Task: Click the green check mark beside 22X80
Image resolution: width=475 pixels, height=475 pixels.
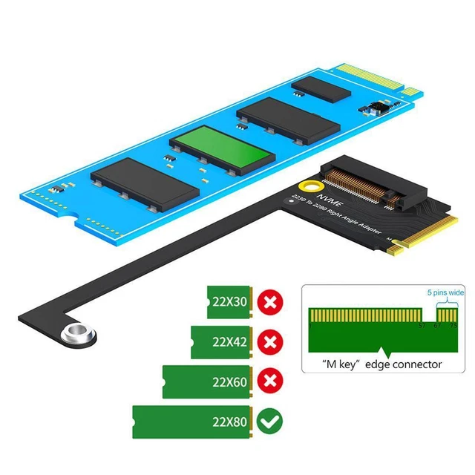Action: point(269,422)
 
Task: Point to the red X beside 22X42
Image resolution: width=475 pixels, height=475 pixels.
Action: point(269,342)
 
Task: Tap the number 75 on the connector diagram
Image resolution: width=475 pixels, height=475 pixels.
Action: point(453,326)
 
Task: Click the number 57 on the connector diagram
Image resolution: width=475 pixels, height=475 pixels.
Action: point(422,326)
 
